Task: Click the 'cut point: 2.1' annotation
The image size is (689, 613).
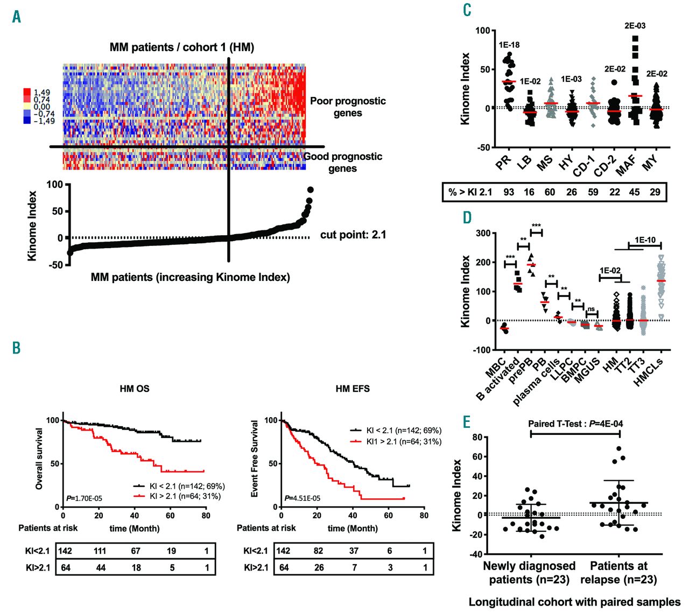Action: (x=353, y=235)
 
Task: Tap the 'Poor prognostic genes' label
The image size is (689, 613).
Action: (x=348, y=107)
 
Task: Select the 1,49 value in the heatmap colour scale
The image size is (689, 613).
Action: (x=41, y=93)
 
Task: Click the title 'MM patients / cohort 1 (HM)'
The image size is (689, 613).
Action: (x=182, y=47)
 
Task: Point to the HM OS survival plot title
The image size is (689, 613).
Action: (x=135, y=389)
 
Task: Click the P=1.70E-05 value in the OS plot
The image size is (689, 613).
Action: (x=84, y=498)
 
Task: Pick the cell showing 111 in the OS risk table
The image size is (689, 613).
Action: (x=100, y=551)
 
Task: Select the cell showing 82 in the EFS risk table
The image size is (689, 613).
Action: (x=319, y=551)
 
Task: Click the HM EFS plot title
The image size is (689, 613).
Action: (x=353, y=389)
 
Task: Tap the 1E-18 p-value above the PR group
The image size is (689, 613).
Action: (x=509, y=45)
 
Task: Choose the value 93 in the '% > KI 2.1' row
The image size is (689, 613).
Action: (x=509, y=192)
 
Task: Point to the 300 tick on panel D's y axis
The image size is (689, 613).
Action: (x=482, y=234)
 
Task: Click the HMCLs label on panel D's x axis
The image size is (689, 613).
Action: (x=648, y=371)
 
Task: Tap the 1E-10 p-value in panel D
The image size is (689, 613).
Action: (x=645, y=240)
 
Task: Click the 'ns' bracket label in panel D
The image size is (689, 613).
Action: (x=592, y=309)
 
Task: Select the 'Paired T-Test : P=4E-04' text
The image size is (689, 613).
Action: (x=575, y=424)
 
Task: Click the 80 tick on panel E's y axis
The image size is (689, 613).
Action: (x=477, y=438)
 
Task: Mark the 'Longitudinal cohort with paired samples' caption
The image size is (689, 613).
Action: (x=574, y=602)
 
